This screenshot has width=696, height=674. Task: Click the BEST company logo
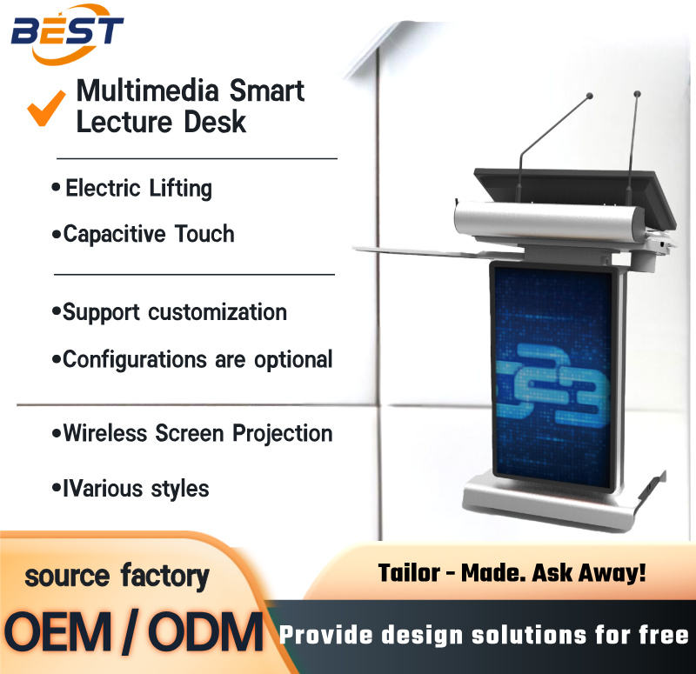[67, 33]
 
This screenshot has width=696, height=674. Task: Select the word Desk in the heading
[215, 122]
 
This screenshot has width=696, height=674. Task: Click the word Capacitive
[114, 234]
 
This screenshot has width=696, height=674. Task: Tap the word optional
[293, 359]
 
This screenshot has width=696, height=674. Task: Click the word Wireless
[104, 433]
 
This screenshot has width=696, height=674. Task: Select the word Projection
[282, 433]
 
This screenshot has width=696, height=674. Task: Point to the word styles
[180, 489]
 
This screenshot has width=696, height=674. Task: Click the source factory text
[117, 576]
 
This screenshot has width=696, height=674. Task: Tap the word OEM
[57, 632]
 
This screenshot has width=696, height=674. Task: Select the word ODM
[205, 632]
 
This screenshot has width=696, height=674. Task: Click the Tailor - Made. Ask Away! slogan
[512, 573]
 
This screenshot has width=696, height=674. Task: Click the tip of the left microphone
[590, 96]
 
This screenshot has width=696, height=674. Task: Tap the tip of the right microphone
[637, 94]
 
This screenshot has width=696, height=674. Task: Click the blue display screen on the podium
[553, 375]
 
